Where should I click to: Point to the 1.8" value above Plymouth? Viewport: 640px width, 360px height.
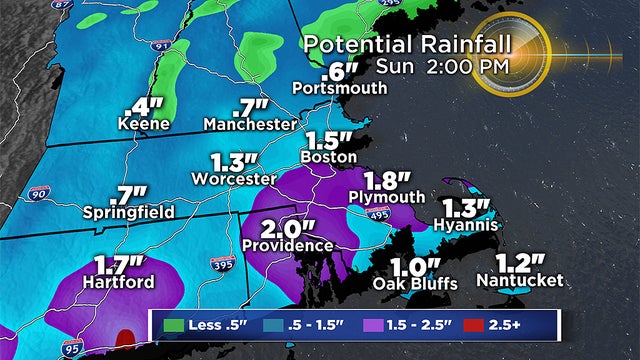pyautogui.click(x=388, y=180)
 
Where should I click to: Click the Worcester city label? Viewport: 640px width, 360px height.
pyautogui.click(x=239, y=178)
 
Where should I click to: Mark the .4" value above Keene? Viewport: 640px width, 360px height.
pyautogui.click(x=144, y=105)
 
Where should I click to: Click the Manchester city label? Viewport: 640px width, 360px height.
pyautogui.click(x=251, y=124)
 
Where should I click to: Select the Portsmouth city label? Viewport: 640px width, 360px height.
pyautogui.click(x=340, y=88)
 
